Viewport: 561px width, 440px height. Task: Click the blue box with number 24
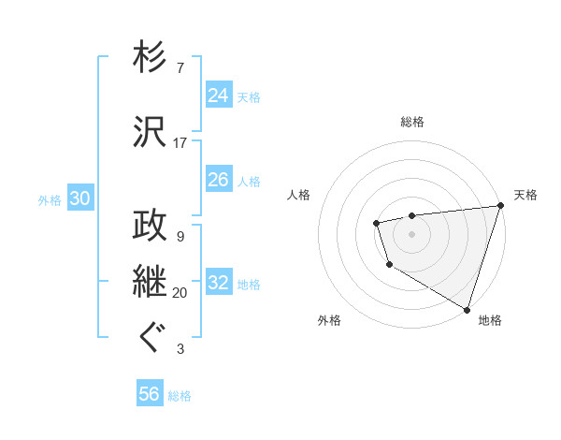click(219, 95)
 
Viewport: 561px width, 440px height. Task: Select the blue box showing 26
click(219, 179)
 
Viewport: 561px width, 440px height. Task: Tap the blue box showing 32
click(219, 283)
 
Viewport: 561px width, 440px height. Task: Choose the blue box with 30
click(79, 198)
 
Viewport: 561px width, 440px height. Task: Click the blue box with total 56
click(150, 394)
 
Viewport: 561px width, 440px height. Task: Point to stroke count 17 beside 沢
click(180, 143)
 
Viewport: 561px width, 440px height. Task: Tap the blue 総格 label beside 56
click(180, 396)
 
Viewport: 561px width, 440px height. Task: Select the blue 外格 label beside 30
click(50, 199)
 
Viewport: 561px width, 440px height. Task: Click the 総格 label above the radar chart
click(412, 122)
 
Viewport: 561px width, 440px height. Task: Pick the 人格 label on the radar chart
click(299, 195)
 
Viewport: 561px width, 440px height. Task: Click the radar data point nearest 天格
click(500, 206)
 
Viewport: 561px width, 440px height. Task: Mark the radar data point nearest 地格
click(467, 308)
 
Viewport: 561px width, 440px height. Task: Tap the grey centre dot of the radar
click(411, 233)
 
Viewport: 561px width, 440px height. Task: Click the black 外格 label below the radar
click(329, 320)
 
